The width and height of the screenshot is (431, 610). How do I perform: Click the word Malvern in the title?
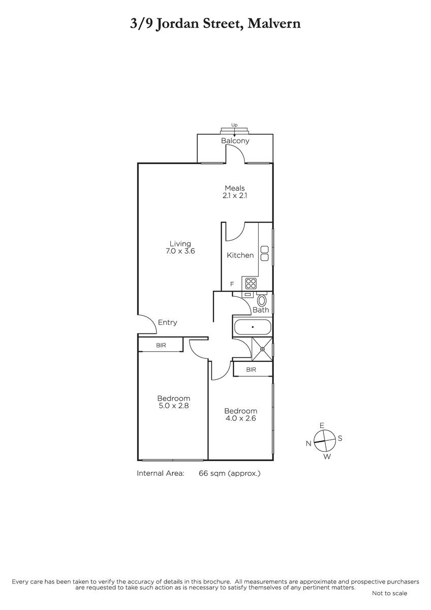click(274, 23)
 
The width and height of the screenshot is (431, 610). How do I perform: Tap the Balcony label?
click(235, 141)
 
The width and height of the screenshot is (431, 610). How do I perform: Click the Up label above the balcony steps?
click(234, 125)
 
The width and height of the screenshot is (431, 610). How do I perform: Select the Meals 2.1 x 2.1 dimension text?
click(235, 196)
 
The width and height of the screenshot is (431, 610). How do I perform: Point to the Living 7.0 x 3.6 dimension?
click(180, 251)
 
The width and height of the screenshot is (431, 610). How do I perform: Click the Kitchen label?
click(240, 255)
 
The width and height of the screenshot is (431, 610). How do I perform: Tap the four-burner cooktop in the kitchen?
click(251, 283)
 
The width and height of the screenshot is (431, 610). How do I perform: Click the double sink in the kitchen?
click(264, 254)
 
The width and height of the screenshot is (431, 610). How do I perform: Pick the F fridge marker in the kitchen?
click(232, 284)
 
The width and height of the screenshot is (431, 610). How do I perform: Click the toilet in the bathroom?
click(262, 300)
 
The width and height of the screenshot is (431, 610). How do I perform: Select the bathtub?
click(253, 327)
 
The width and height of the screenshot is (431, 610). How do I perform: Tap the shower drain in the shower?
click(262, 349)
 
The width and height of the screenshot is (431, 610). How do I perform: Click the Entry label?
click(167, 322)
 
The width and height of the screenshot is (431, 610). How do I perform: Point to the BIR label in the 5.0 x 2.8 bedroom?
click(161, 345)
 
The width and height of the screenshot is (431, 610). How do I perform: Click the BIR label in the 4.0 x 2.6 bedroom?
click(251, 370)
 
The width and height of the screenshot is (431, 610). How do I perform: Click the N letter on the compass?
click(308, 444)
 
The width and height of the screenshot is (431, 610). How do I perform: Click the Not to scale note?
click(389, 599)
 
